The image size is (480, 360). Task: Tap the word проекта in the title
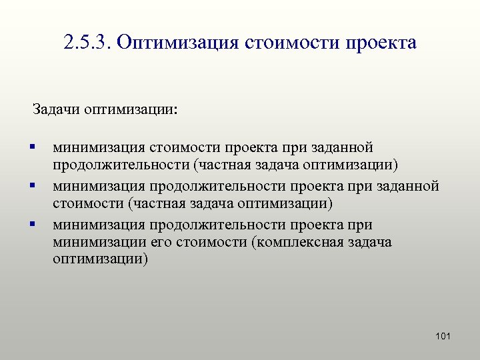381,43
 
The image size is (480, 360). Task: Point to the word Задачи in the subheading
57,108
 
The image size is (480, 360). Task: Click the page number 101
443,336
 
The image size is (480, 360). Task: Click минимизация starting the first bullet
99,147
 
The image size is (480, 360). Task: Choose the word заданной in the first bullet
343,147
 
